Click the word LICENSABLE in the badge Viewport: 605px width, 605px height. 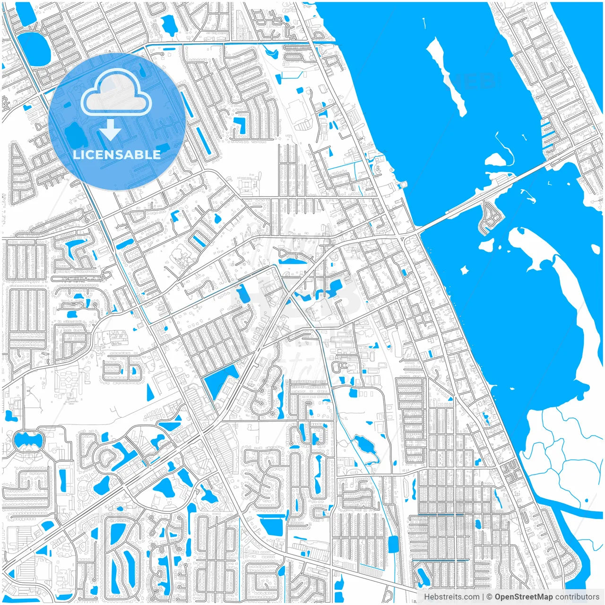pos(117,155)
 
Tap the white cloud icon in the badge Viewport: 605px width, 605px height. pos(116,95)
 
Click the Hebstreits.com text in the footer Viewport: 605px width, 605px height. pos(451,596)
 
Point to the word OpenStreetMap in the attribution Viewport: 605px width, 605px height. pos(524,596)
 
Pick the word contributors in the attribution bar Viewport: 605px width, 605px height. pos(577,596)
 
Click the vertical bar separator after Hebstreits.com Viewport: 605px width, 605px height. pos(483,596)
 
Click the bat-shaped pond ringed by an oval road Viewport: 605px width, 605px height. pos(28,441)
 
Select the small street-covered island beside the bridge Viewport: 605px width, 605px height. pos(489,217)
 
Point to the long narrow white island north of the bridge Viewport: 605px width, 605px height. pos(447,76)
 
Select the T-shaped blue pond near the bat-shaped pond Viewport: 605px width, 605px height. pos(9,416)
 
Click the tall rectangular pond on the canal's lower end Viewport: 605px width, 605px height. pos(393,544)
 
